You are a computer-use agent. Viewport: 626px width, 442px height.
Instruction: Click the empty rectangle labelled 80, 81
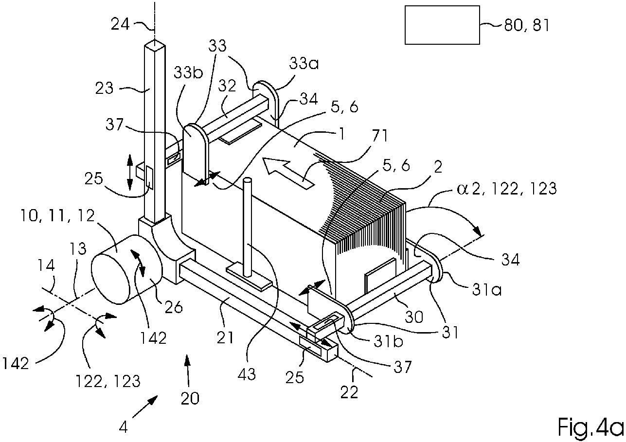click(442, 25)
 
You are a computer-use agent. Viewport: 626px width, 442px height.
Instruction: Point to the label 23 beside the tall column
click(104, 88)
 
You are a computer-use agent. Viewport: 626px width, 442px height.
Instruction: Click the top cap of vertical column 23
click(155, 45)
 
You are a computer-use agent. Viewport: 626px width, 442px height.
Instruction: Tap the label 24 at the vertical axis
click(120, 24)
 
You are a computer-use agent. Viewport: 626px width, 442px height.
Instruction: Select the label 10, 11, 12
click(58, 216)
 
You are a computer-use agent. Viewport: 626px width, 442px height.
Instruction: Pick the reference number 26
click(174, 307)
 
